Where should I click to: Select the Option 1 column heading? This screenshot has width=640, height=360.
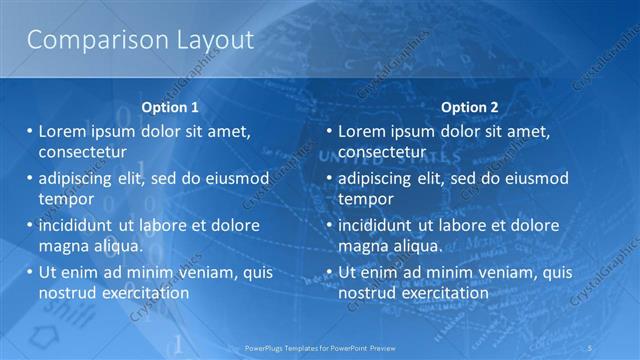(x=170, y=107)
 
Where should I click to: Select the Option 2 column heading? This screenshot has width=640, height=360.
(x=469, y=107)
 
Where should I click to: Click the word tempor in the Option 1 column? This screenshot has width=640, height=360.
(x=66, y=199)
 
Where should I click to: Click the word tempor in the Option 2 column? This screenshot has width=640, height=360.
(x=366, y=199)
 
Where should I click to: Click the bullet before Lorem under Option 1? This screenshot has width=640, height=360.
(x=29, y=131)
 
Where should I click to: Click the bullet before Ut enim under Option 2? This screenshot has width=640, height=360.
(x=329, y=272)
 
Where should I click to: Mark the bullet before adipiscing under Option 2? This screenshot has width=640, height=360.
(x=329, y=179)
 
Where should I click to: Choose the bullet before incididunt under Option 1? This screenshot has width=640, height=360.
(x=29, y=225)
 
